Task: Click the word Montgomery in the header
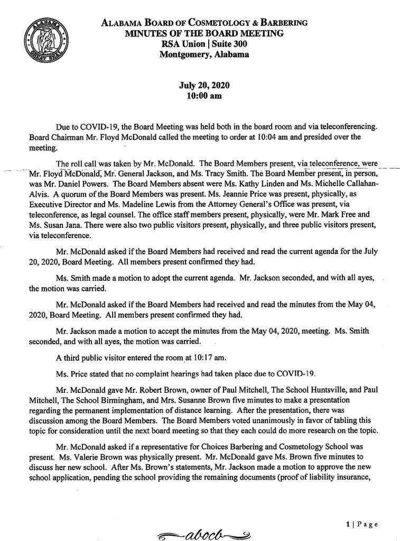179,53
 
